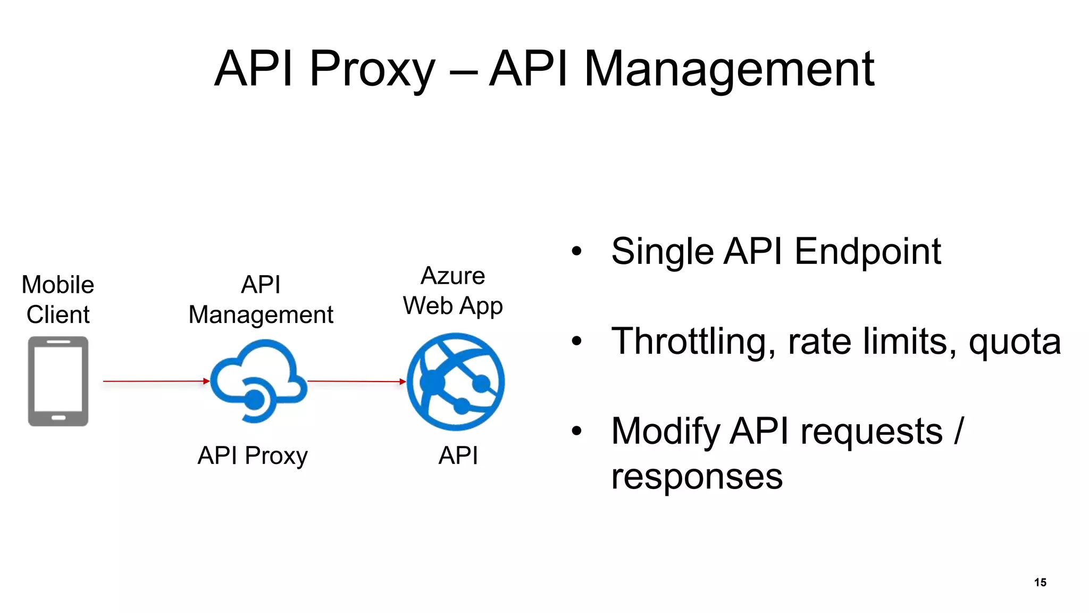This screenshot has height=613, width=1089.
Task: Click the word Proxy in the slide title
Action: (x=372, y=69)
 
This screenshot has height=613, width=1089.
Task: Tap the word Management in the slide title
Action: (x=729, y=69)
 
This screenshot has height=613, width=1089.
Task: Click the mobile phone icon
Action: (x=58, y=381)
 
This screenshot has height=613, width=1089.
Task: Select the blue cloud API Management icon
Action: (x=259, y=381)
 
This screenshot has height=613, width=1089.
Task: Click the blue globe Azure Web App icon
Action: (x=456, y=382)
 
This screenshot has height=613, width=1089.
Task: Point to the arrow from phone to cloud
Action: (x=155, y=381)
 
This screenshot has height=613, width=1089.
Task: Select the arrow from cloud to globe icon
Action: (x=356, y=381)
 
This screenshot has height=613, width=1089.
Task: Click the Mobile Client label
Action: (x=58, y=300)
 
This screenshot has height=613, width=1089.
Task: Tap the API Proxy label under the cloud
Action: (x=253, y=456)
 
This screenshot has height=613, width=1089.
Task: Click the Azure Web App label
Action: (x=453, y=291)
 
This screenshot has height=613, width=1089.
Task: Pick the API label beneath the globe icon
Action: (x=458, y=456)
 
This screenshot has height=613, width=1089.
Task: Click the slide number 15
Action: (x=1040, y=582)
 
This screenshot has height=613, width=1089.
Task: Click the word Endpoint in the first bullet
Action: (x=867, y=252)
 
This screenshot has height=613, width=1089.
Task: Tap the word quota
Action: (x=1015, y=342)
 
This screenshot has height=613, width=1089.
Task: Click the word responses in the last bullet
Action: (x=697, y=476)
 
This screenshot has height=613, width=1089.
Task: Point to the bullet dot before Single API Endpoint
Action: (x=577, y=251)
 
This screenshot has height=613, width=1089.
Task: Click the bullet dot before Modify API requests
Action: (x=577, y=431)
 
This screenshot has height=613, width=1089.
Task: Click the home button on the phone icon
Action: (x=58, y=418)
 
